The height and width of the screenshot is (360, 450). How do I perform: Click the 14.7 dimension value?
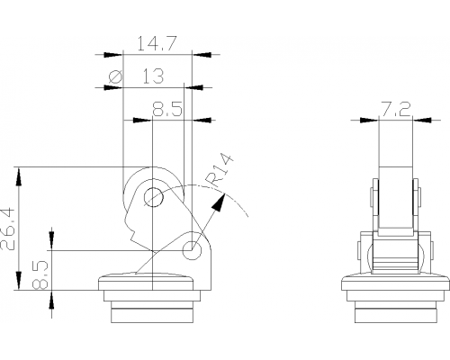coord(157,44)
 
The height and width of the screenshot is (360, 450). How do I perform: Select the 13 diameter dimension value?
coord(153,76)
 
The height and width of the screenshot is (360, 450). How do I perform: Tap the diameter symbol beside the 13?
coord(116,76)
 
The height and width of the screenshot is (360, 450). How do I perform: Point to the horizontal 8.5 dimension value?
coord(167,109)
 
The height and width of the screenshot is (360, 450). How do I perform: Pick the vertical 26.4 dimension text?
coord(8,229)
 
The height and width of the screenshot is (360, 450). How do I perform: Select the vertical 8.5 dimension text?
coord(40,274)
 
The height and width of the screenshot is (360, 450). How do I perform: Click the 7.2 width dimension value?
coord(395,109)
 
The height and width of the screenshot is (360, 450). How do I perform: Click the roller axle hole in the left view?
coord(153,197)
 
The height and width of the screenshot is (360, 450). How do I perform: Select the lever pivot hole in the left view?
coord(192,250)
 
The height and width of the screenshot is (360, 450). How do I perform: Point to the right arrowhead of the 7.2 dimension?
coord(422,120)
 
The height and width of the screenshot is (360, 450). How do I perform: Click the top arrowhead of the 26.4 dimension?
coord(19,177)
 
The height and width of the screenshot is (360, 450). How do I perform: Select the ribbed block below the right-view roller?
coord(395,258)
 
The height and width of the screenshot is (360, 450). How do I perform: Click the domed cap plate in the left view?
coord(147,282)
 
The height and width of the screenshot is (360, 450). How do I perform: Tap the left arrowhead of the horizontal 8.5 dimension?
coord(143,120)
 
